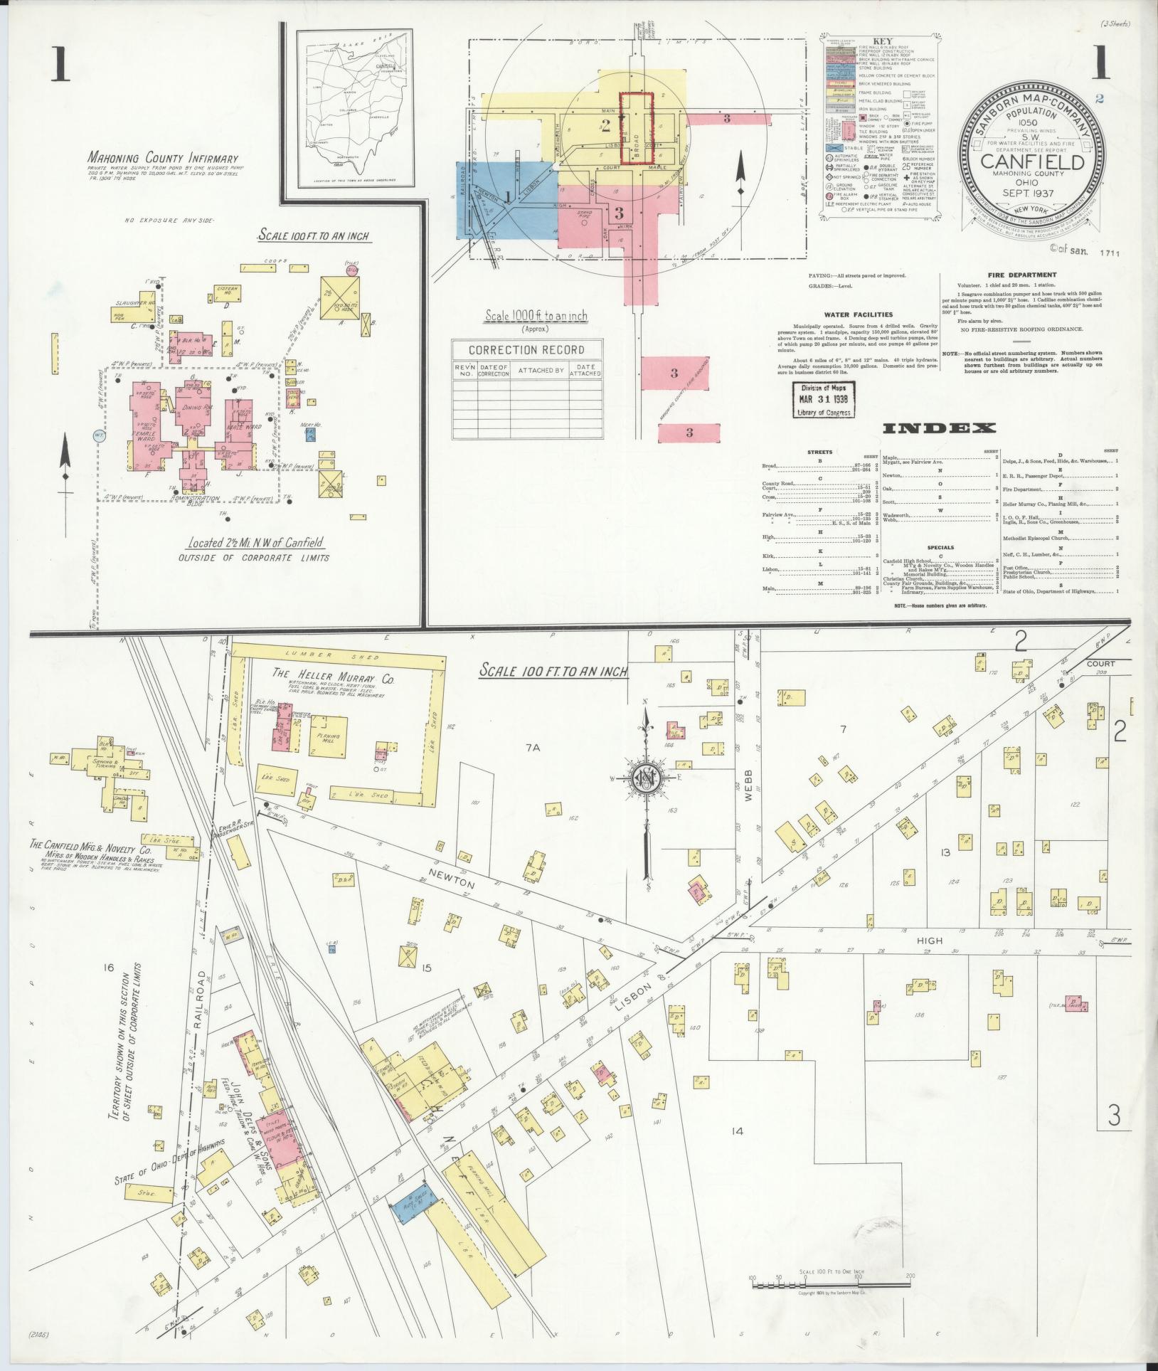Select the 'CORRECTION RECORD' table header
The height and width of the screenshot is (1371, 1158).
pyautogui.click(x=526, y=350)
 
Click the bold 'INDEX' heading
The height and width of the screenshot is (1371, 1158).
pyautogui.click(x=939, y=428)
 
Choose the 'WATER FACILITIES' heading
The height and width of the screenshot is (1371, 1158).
pyautogui.click(x=858, y=314)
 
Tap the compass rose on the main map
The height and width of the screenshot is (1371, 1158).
pyautogui.click(x=647, y=778)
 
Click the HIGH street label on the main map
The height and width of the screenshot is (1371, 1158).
pyautogui.click(x=930, y=941)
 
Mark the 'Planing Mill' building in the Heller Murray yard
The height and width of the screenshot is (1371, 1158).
pyautogui.click(x=328, y=739)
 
